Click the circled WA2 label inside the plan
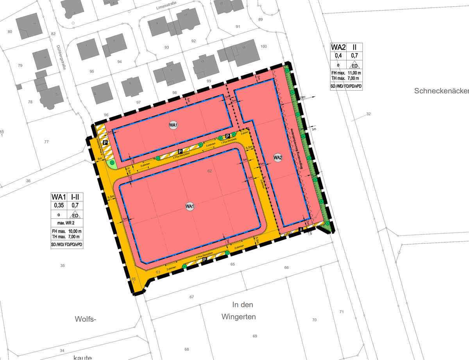[278, 158]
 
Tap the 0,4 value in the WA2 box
[338, 56]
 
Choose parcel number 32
[368, 114]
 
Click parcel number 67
[192, 297]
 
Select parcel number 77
[47, 141]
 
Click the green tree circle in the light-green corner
[112, 162]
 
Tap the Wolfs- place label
[85, 319]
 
